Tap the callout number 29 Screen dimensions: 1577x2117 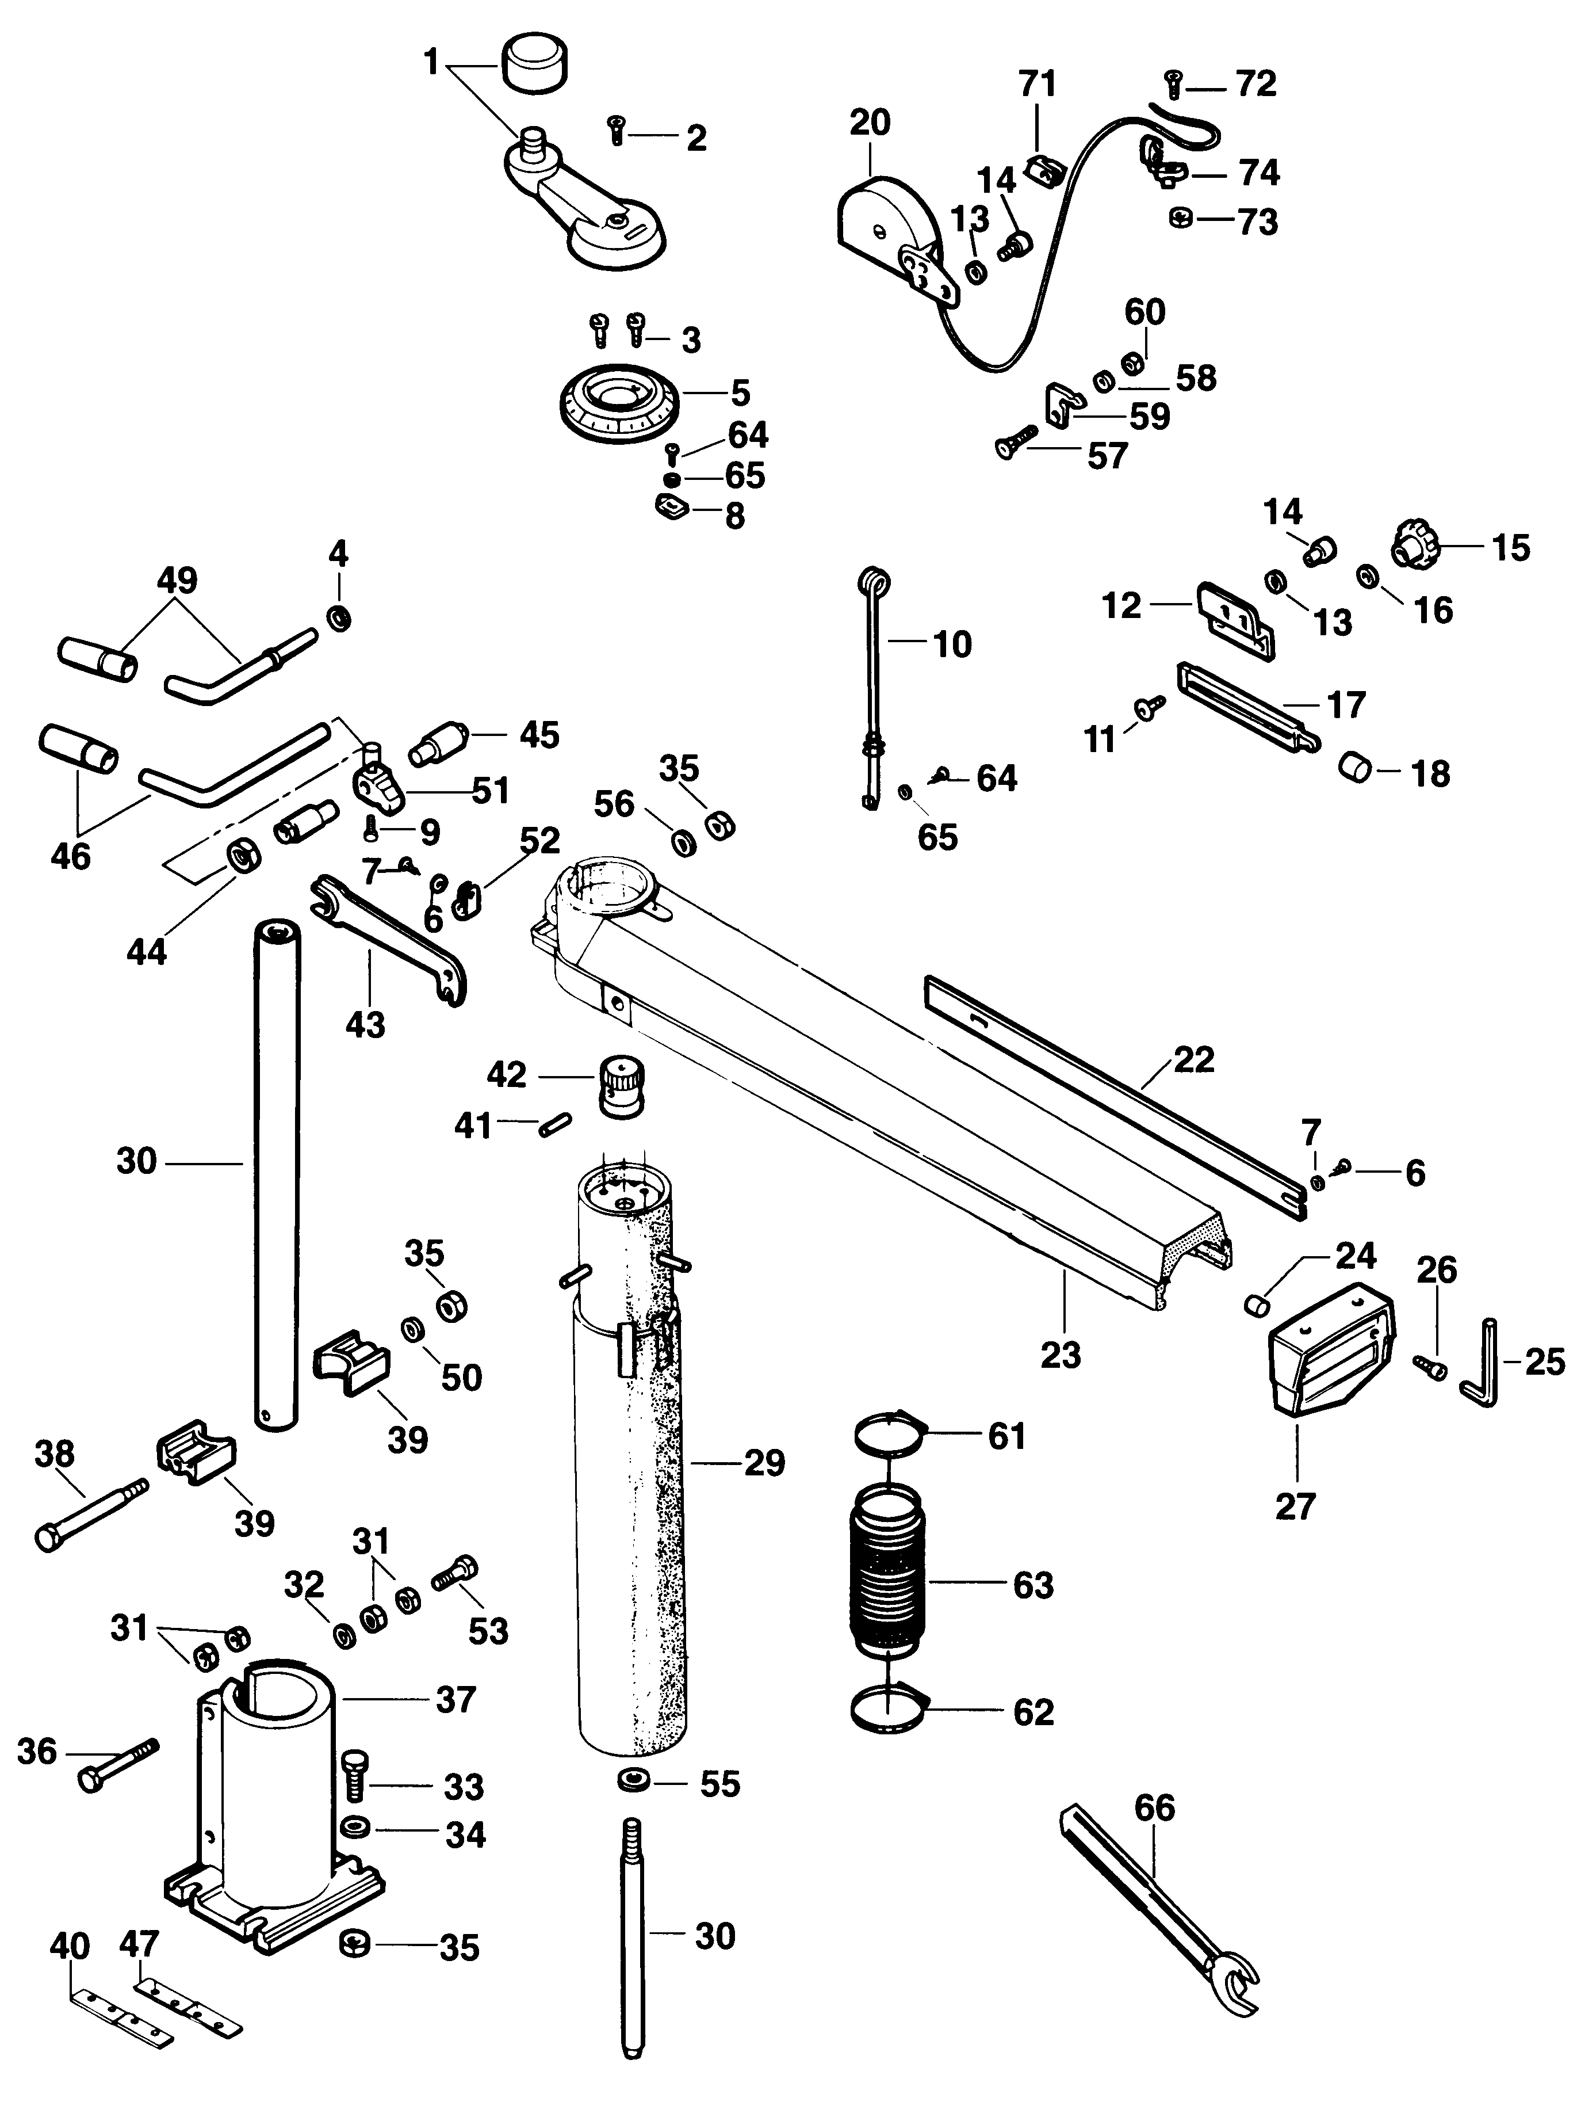pyautogui.click(x=765, y=1462)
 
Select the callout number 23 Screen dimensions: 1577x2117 pyautogui.click(x=1061, y=1354)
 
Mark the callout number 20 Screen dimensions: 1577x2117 pyautogui.click(x=870, y=122)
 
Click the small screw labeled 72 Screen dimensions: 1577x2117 pyautogui.click(x=1174, y=86)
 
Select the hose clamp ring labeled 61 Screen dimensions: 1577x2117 pyautogui.click(x=891, y=1436)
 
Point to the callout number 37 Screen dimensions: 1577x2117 pyautogui.click(x=456, y=1700)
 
